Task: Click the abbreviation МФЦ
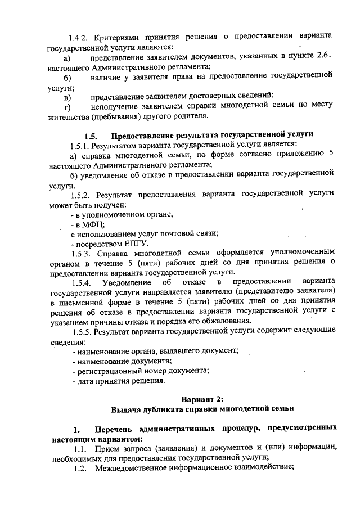point(85,224)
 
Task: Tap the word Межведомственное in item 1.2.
point(134,468)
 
